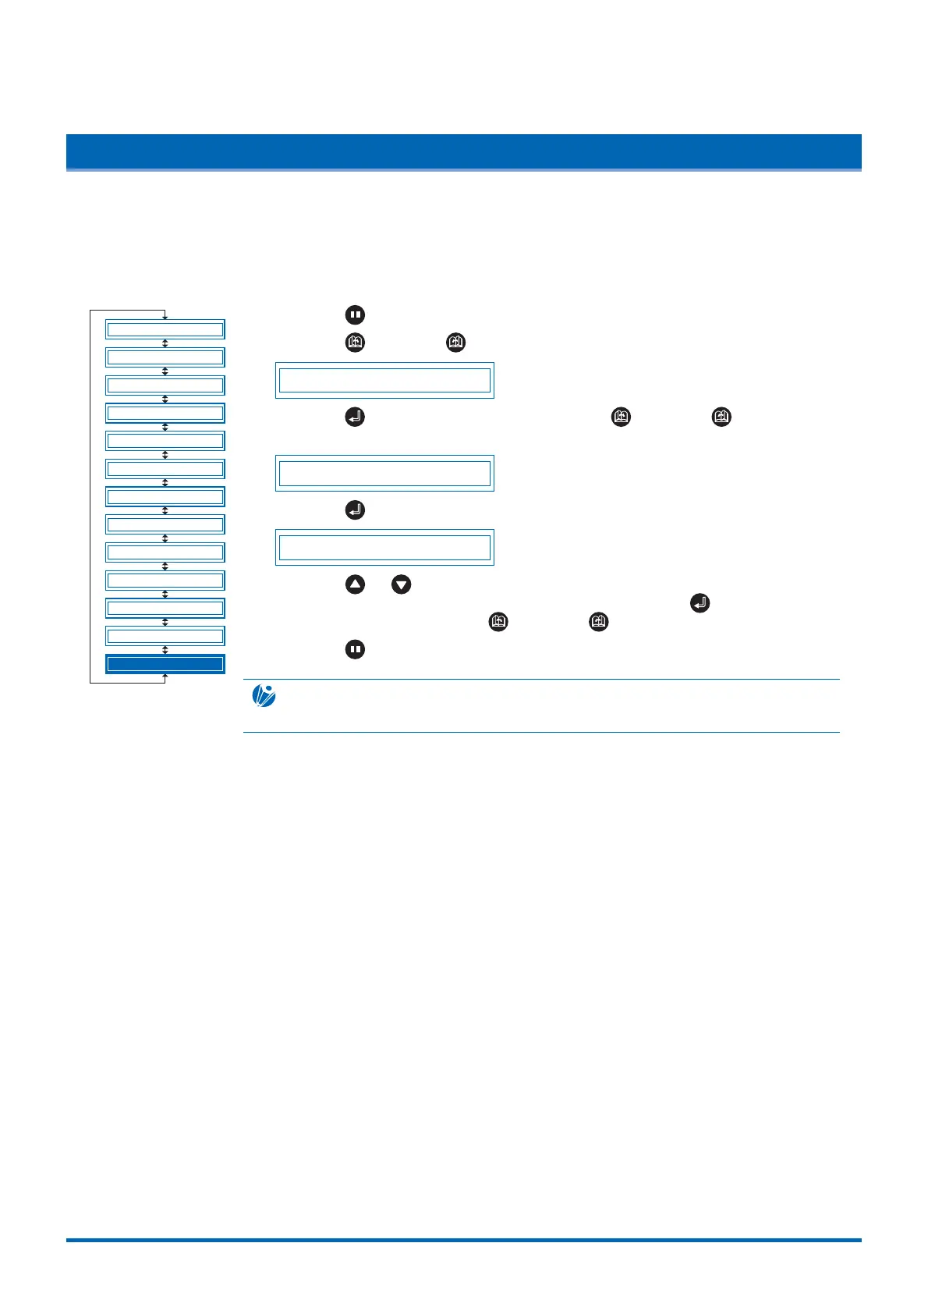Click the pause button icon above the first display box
coord(355,315)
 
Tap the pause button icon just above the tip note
coord(355,649)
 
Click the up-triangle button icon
coord(355,584)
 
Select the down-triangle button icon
coord(402,584)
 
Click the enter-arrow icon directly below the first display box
coord(355,417)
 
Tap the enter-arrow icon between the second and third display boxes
coord(355,510)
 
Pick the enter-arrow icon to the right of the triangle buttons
coord(700,603)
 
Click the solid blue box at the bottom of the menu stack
coord(165,664)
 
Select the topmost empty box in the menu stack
coord(165,329)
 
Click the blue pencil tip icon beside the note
coord(264,695)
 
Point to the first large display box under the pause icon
coord(384,381)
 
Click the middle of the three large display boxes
coord(384,474)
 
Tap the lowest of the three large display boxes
coord(384,548)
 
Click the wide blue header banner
coord(463,152)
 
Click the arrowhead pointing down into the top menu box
coord(165,316)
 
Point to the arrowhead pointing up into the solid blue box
coord(165,677)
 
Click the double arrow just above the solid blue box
coord(165,650)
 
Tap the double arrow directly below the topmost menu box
coord(165,343)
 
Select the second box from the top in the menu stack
coord(165,357)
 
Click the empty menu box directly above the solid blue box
coord(165,636)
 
